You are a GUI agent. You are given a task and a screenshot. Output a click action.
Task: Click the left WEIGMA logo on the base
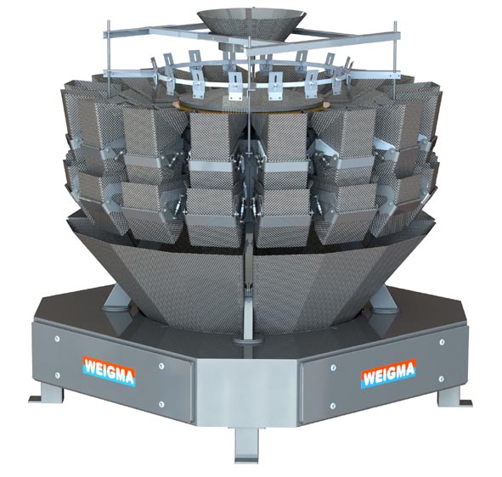[110, 371]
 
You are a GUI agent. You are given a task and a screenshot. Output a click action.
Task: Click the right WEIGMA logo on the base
[389, 373]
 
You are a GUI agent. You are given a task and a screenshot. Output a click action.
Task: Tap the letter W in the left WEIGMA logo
[90, 367]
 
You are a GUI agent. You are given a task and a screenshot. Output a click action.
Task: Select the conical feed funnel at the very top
[251, 24]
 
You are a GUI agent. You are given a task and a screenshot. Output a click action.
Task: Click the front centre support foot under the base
[246, 445]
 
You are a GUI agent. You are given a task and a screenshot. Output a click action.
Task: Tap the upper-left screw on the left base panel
[57, 338]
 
